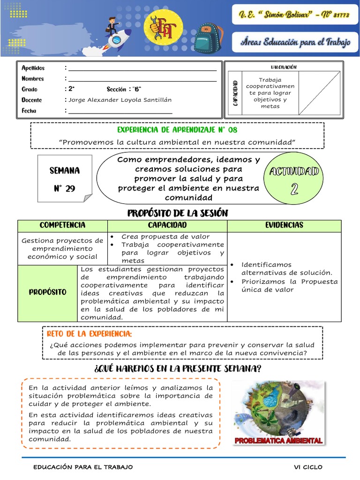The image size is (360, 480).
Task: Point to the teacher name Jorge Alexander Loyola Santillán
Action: (x=120, y=100)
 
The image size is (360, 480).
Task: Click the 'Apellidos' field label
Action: (x=33, y=68)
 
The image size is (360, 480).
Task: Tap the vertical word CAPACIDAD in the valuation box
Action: (x=235, y=93)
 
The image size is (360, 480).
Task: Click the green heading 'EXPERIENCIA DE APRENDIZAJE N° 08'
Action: (x=177, y=129)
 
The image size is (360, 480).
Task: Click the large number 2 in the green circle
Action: (x=294, y=188)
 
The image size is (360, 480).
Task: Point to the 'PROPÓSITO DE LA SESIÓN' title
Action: (x=177, y=213)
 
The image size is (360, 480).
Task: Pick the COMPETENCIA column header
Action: (x=62, y=225)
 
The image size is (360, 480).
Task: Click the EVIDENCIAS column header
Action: (x=284, y=225)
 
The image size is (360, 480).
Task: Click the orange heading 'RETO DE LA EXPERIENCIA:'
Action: (x=90, y=334)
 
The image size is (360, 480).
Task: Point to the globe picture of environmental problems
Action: (x=278, y=408)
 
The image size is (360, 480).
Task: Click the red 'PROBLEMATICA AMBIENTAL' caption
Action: (x=278, y=441)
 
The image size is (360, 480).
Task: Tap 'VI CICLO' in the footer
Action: (x=308, y=467)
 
